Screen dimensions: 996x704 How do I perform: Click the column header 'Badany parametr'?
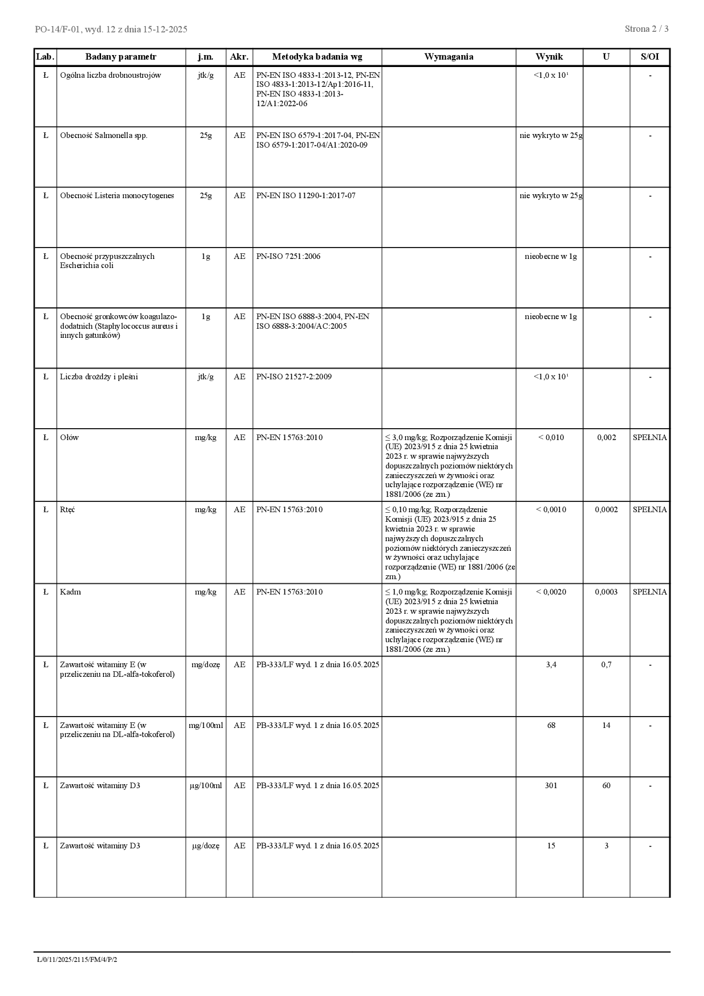tap(120, 57)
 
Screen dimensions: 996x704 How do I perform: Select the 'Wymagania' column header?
tap(449, 57)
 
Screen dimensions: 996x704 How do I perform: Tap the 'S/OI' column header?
tap(649, 57)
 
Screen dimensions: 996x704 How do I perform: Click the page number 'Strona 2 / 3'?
tap(646, 29)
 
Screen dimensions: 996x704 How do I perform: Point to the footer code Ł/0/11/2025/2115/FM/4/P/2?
tap(77, 960)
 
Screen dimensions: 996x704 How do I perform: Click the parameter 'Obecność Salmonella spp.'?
tap(103, 136)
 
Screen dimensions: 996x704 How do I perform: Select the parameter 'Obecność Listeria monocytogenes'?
tap(117, 196)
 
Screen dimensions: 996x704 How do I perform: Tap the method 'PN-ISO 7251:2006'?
tap(288, 257)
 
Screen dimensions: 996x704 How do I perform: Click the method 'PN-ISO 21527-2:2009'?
tap(294, 377)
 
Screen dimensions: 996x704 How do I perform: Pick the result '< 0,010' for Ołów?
tap(551, 438)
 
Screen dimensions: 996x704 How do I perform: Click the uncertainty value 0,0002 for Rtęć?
tap(606, 510)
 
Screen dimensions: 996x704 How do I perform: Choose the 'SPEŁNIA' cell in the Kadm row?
tap(649, 592)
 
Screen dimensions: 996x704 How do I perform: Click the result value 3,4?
tap(551, 665)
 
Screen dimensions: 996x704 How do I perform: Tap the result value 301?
tap(551, 786)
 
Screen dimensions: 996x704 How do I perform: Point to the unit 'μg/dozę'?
tap(206, 846)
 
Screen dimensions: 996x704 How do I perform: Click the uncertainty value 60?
tap(606, 786)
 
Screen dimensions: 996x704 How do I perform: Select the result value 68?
tap(551, 726)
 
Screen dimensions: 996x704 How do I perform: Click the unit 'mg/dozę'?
tap(206, 665)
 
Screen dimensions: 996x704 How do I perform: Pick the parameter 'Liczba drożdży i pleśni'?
tap(99, 377)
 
